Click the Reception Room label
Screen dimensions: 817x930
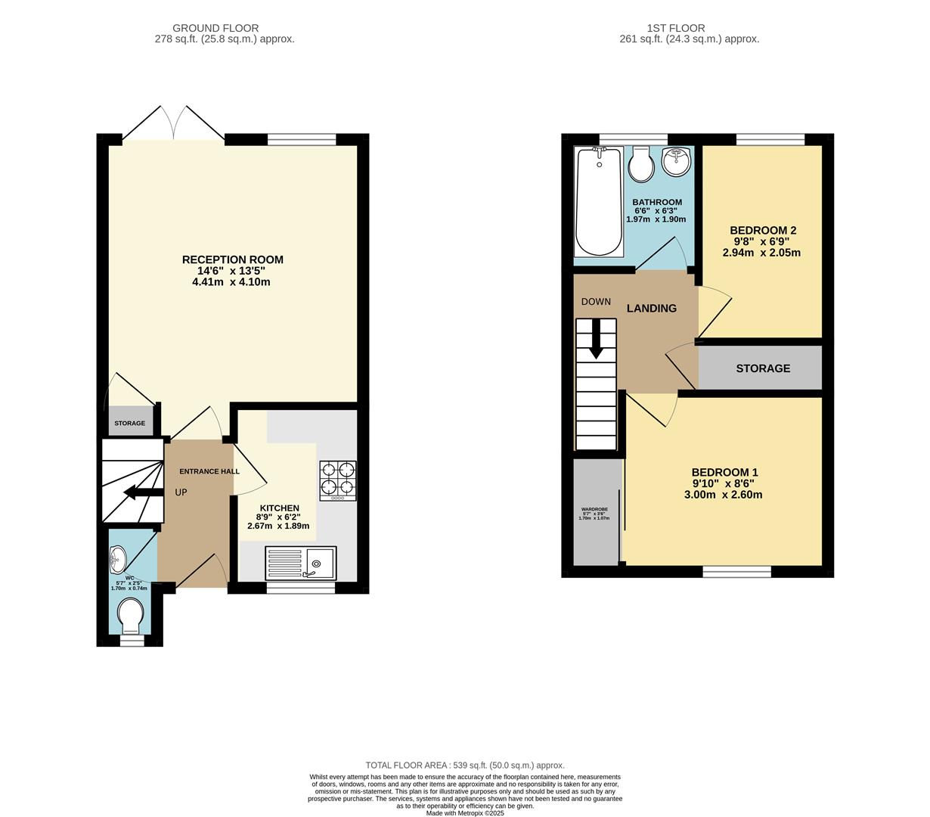232,259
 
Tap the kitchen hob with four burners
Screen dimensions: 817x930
338,480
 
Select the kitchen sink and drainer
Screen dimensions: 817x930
301,563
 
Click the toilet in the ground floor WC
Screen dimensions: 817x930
132,615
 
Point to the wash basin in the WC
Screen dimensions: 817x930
118,561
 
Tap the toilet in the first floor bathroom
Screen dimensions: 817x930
641,165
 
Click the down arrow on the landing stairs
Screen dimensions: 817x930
596,339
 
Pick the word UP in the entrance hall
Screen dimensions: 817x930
181,492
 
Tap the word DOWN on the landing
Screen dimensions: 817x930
596,302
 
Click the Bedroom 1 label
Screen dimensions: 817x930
724,472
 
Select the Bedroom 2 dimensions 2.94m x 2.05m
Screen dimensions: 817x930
761,253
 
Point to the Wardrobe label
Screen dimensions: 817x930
594,509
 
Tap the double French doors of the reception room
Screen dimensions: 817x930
174,123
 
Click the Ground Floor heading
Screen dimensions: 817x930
215,28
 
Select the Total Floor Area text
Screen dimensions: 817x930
465,765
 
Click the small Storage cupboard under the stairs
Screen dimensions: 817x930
130,422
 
